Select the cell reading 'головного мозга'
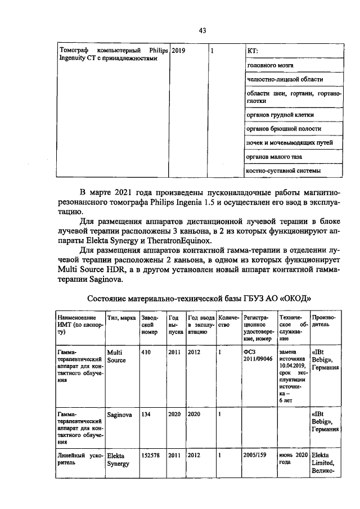point(270,66)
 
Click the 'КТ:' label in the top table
point(253,52)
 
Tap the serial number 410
point(146,353)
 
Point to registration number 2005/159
point(255,455)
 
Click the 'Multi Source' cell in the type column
point(116,357)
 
